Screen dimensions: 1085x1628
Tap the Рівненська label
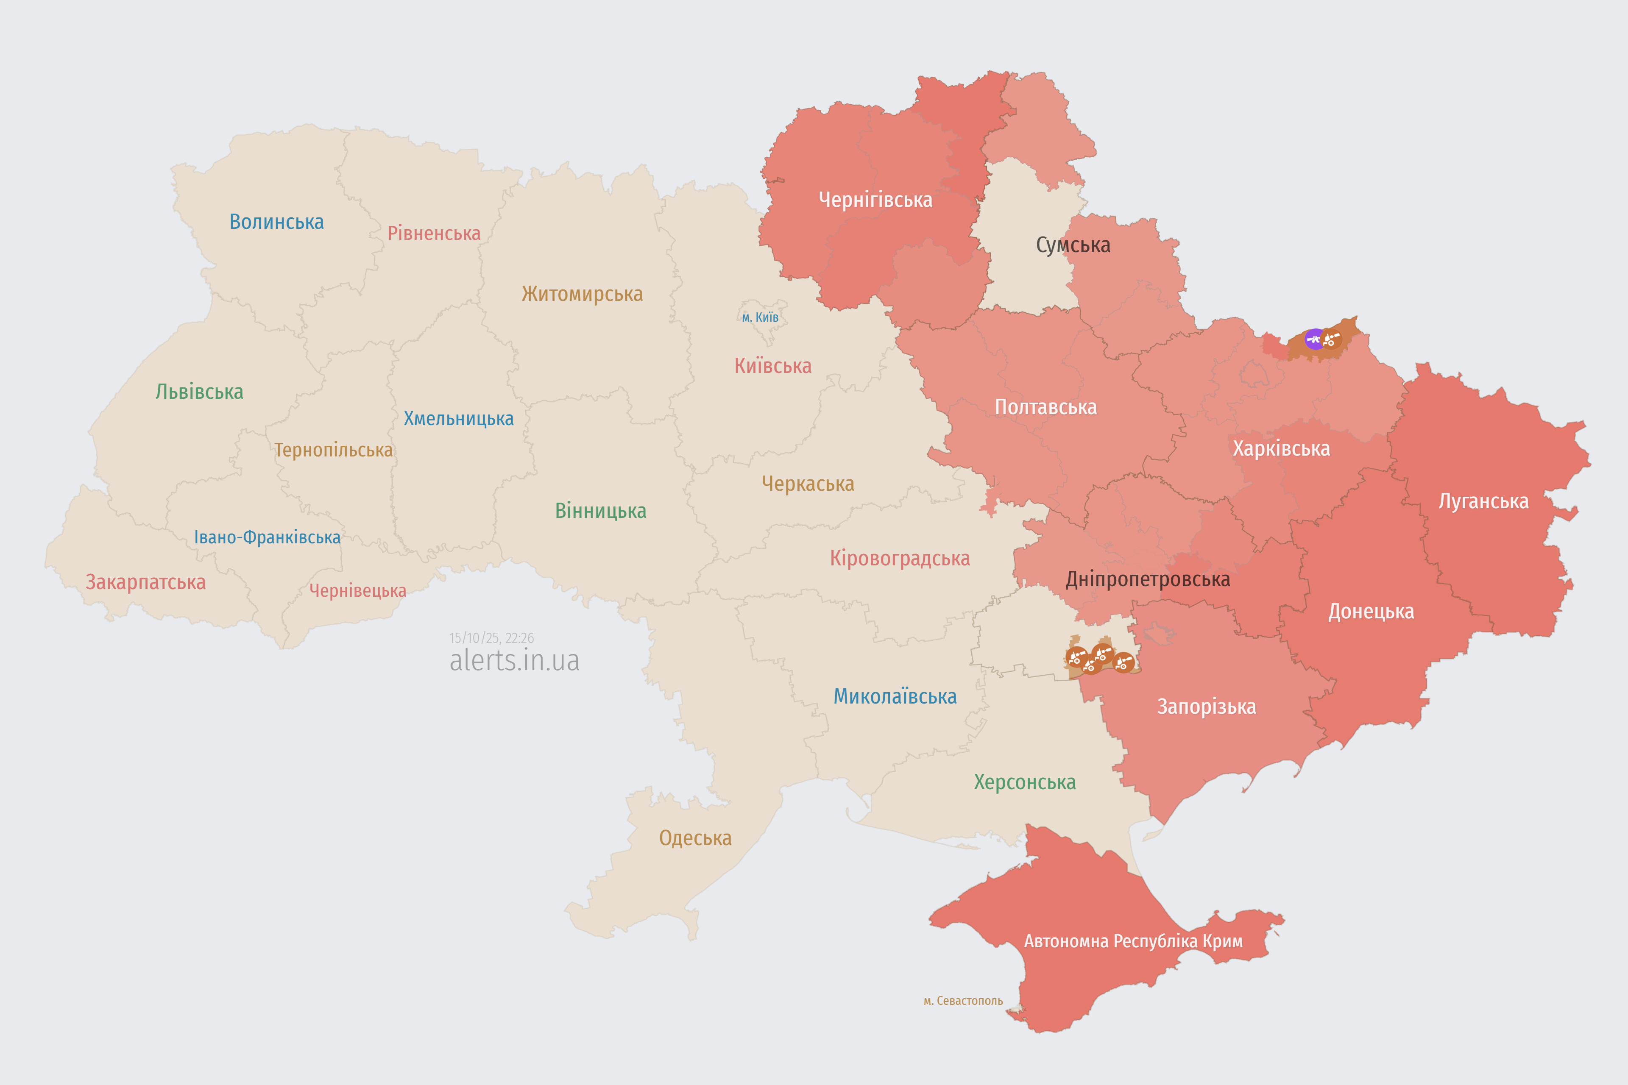click(x=434, y=233)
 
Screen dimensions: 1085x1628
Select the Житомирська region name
click(x=582, y=294)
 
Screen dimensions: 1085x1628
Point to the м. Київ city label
click(x=760, y=317)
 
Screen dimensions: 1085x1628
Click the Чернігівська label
click(x=875, y=200)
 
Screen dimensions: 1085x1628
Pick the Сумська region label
click(x=1073, y=245)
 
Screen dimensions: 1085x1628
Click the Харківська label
click(x=1281, y=449)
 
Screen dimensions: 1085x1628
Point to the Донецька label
click(x=1371, y=612)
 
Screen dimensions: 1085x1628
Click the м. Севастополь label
click(x=963, y=1001)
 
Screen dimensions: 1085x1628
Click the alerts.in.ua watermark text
click(x=514, y=660)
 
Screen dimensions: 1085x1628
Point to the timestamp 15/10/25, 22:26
click(x=491, y=638)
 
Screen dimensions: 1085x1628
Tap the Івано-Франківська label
click(x=267, y=538)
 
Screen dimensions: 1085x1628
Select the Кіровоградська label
click(x=900, y=559)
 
